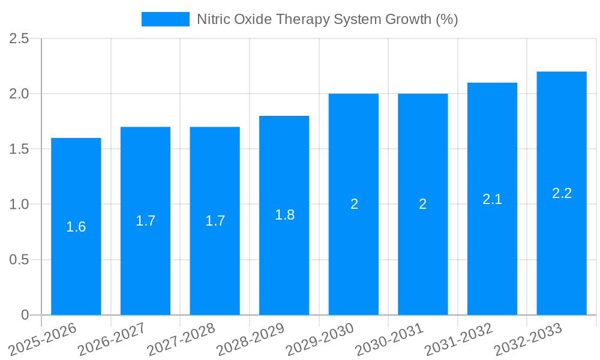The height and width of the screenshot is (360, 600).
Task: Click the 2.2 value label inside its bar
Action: (562, 193)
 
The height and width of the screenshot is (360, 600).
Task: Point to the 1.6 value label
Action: (76, 227)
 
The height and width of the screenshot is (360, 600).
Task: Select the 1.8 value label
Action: (284, 215)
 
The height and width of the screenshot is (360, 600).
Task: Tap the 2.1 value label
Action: (492, 199)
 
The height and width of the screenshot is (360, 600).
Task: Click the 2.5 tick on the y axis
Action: (19, 38)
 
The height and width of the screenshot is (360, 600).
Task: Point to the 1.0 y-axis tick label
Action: (19, 205)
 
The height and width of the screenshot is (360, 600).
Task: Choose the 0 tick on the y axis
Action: (25, 315)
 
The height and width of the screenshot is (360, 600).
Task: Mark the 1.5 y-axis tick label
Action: (19, 149)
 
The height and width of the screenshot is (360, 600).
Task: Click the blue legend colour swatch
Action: (166, 19)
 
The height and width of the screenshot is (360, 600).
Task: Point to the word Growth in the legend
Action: (407, 19)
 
